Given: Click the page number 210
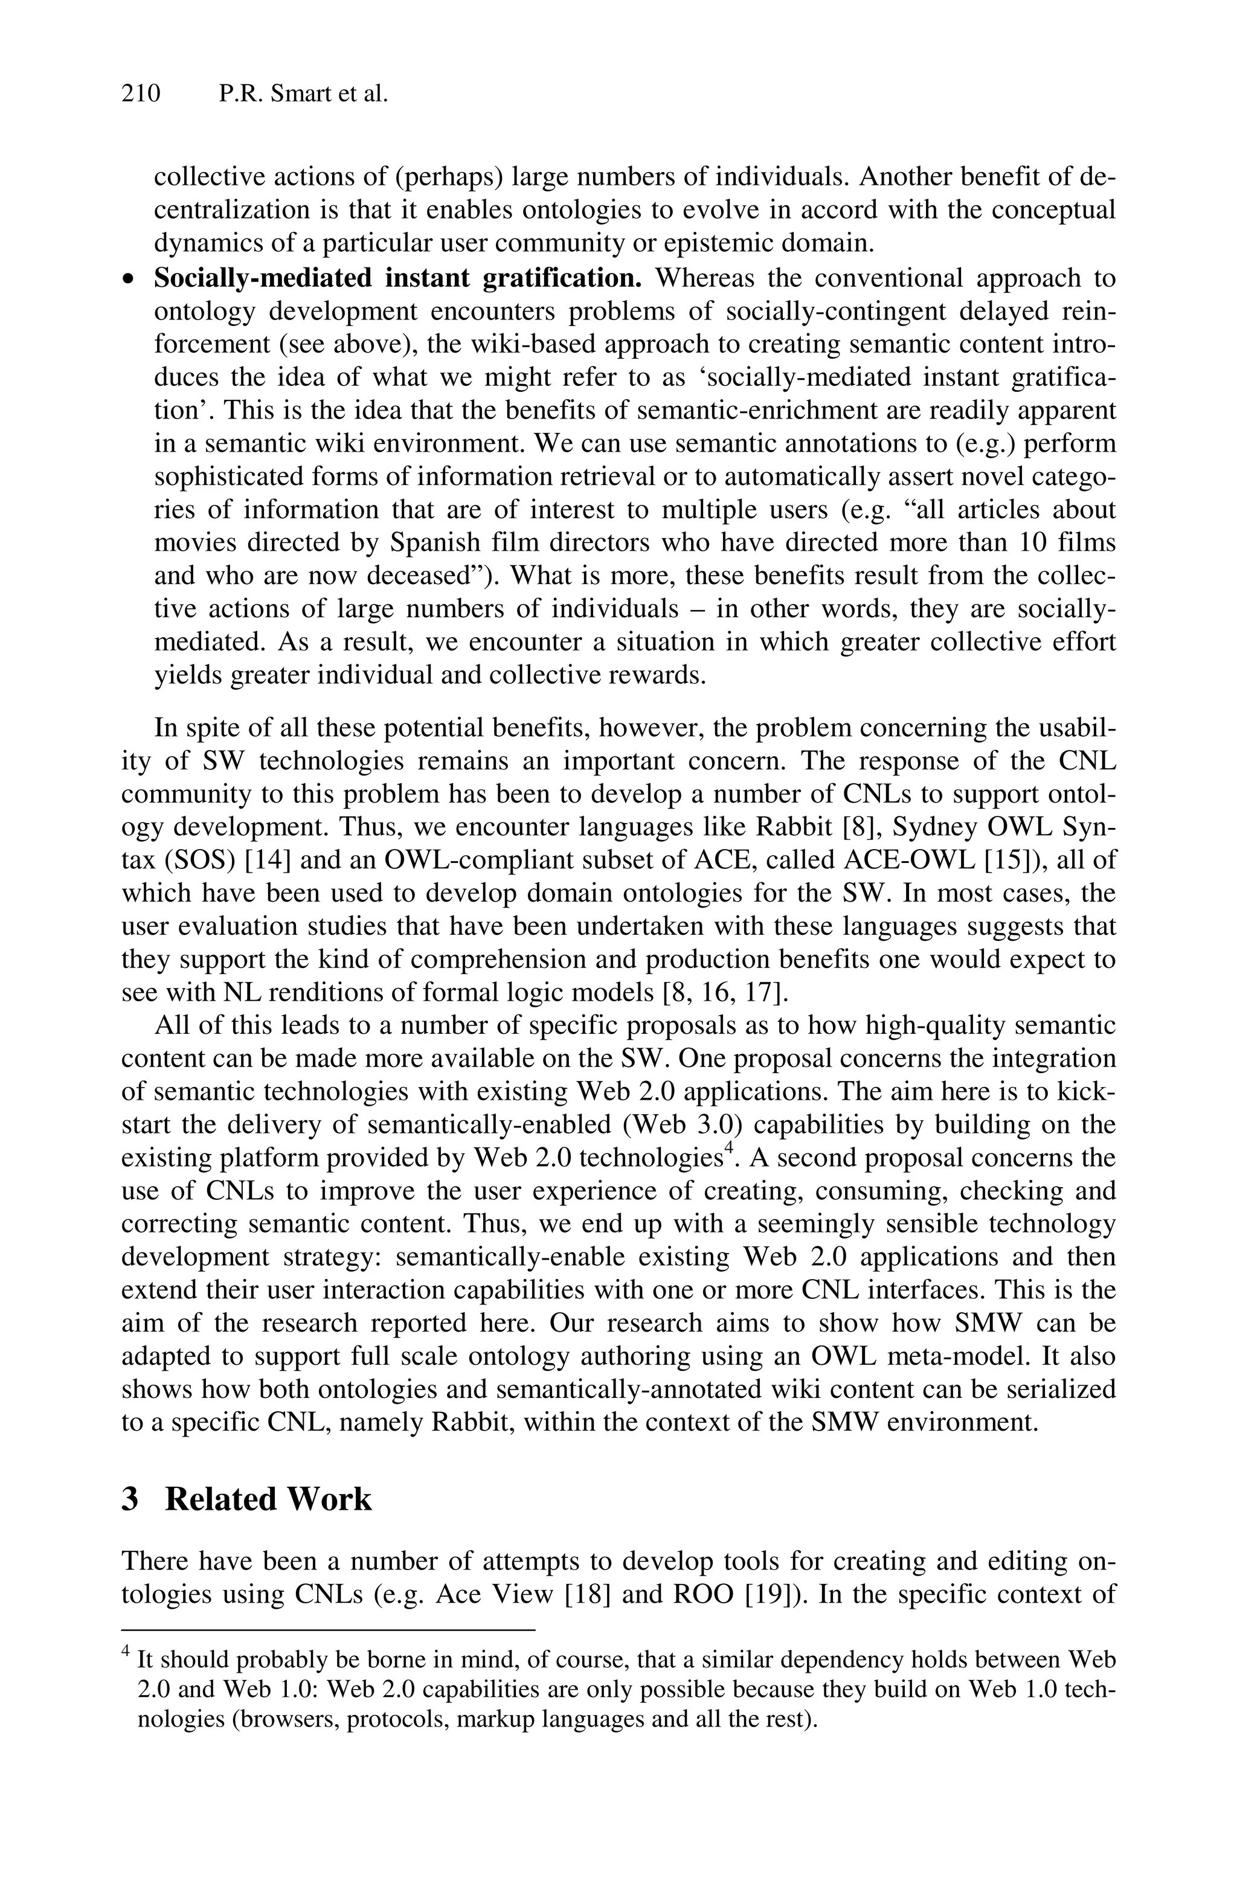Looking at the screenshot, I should click(141, 94).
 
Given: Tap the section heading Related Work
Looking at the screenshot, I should click(268, 1499).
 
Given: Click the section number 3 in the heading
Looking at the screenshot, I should click(130, 1499).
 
